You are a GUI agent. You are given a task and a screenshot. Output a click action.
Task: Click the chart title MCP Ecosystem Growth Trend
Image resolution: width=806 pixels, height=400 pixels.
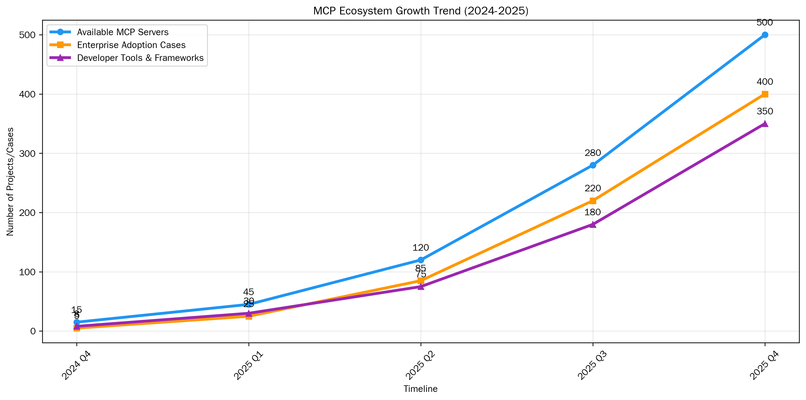(421, 11)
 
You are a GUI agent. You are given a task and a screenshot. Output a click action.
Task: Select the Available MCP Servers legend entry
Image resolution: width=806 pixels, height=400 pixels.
(123, 32)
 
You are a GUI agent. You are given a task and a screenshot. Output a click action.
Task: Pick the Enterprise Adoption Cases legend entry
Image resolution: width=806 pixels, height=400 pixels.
(131, 45)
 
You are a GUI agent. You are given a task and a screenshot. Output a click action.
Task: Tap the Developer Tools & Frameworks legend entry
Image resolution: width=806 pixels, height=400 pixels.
(140, 58)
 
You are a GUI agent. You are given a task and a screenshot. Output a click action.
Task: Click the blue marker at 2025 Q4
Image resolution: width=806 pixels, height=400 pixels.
(765, 35)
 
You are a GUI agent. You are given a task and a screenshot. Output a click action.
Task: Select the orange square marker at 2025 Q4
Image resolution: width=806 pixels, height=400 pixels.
(765, 94)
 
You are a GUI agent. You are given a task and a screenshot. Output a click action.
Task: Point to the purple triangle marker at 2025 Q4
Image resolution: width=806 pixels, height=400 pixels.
(765, 124)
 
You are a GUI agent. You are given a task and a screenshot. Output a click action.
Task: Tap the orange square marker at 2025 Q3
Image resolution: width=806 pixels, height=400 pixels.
(593, 201)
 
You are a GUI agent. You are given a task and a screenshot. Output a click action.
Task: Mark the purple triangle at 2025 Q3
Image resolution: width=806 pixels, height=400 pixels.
(593, 224)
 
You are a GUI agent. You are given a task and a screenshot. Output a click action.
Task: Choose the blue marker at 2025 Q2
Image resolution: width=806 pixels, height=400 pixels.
(421, 260)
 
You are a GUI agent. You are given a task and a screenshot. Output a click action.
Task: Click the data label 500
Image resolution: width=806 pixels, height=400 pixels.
(765, 23)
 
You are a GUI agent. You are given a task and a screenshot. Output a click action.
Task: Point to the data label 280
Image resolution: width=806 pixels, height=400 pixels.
(593, 153)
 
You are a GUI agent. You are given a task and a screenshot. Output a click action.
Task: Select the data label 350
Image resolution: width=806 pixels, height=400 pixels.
(765, 111)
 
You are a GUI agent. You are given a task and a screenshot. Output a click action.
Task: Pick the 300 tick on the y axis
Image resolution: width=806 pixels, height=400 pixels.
(27, 153)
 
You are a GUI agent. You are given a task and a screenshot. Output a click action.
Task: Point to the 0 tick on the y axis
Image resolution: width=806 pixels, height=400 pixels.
(33, 331)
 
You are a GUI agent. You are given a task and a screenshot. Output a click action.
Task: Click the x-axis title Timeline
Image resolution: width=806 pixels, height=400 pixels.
(421, 389)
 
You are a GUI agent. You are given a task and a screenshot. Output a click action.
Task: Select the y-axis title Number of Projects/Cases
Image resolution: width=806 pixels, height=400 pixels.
(10, 182)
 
